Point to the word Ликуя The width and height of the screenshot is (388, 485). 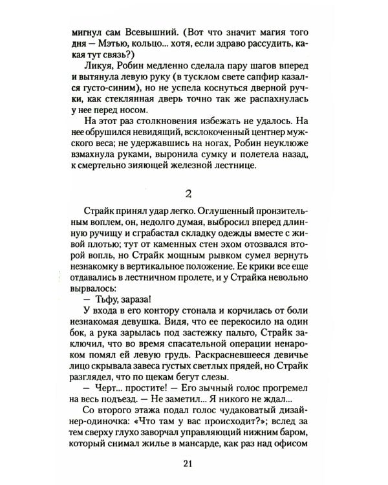coord(96,69)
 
